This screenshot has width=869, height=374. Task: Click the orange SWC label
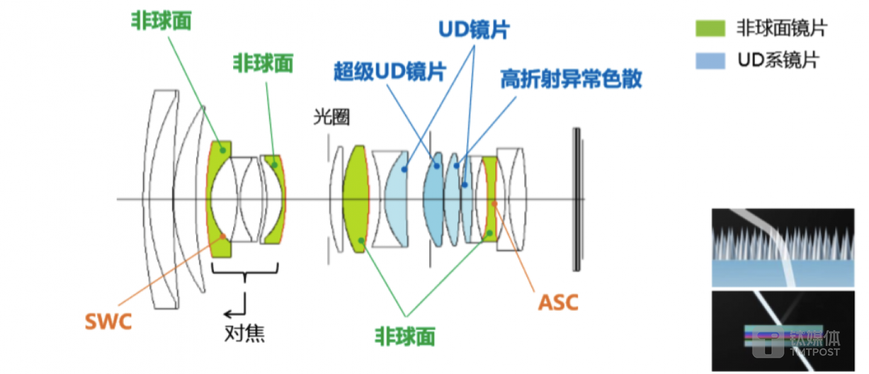tap(107, 321)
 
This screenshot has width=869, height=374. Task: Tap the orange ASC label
tap(557, 302)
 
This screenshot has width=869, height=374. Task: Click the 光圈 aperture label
tap(332, 117)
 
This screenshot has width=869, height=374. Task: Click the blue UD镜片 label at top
tap(473, 29)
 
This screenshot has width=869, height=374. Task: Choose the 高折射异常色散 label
tap(571, 79)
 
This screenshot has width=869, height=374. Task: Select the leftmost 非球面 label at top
tap(161, 21)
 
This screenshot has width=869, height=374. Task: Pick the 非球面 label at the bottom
tap(405, 336)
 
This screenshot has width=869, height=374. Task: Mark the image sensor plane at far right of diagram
tap(577, 199)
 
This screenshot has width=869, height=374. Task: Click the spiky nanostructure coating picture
tap(783, 247)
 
